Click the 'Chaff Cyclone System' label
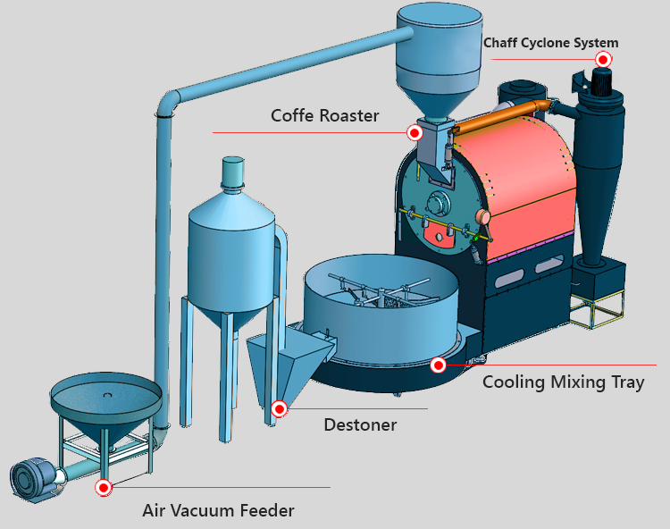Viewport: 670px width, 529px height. (x=550, y=42)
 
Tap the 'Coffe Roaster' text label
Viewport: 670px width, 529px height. (x=325, y=115)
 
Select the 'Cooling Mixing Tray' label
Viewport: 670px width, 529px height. (x=563, y=382)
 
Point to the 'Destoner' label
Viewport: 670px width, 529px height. (x=360, y=424)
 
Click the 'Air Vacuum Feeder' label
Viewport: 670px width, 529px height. (x=218, y=510)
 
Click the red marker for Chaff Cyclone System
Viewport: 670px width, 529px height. (x=603, y=59)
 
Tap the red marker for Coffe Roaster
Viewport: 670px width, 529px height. (x=415, y=132)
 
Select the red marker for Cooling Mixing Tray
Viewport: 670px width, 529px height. (x=438, y=365)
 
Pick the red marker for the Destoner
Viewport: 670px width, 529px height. (x=280, y=408)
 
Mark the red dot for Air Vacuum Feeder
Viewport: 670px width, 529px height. (x=104, y=487)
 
